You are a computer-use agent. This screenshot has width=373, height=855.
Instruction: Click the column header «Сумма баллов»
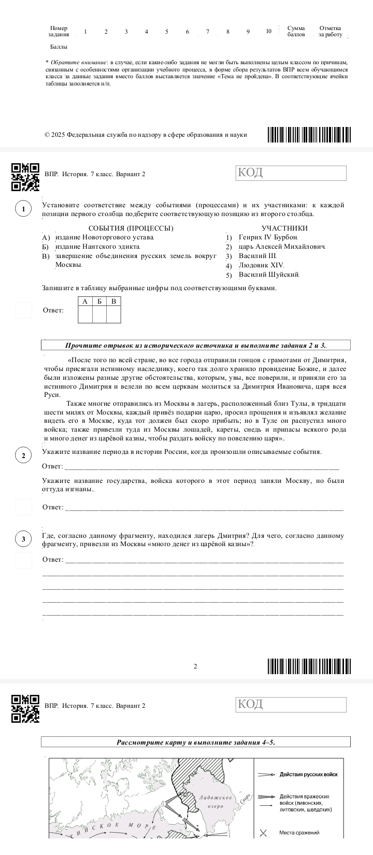(x=296, y=31)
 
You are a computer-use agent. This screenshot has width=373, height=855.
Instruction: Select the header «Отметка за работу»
(x=331, y=31)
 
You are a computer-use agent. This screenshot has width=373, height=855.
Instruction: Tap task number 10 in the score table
(x=268, y=31)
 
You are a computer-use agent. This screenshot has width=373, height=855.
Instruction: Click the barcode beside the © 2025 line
(x=309, y=134)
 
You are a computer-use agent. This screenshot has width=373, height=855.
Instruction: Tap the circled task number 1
(x=23, y=209)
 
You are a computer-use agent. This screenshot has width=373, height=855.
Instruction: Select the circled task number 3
(x=23, y=539)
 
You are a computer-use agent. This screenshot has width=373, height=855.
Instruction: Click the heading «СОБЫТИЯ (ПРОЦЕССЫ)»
(x=131, y=228)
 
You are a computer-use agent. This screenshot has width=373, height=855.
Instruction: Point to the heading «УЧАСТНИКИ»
(x=284, y=228)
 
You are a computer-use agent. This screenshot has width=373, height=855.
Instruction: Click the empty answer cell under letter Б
(x=99, y=315)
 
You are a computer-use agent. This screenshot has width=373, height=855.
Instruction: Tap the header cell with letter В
(x=113, y=301)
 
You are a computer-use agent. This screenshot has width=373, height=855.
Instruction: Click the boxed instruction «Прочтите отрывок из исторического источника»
(x=196, y=345)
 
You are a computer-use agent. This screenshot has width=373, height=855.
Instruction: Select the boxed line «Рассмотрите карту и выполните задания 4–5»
(x=196, y=742)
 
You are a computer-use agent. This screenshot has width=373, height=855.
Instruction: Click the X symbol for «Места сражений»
(x=263, y=833)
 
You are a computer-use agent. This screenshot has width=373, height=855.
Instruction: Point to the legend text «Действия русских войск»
(x=308, y=775)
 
